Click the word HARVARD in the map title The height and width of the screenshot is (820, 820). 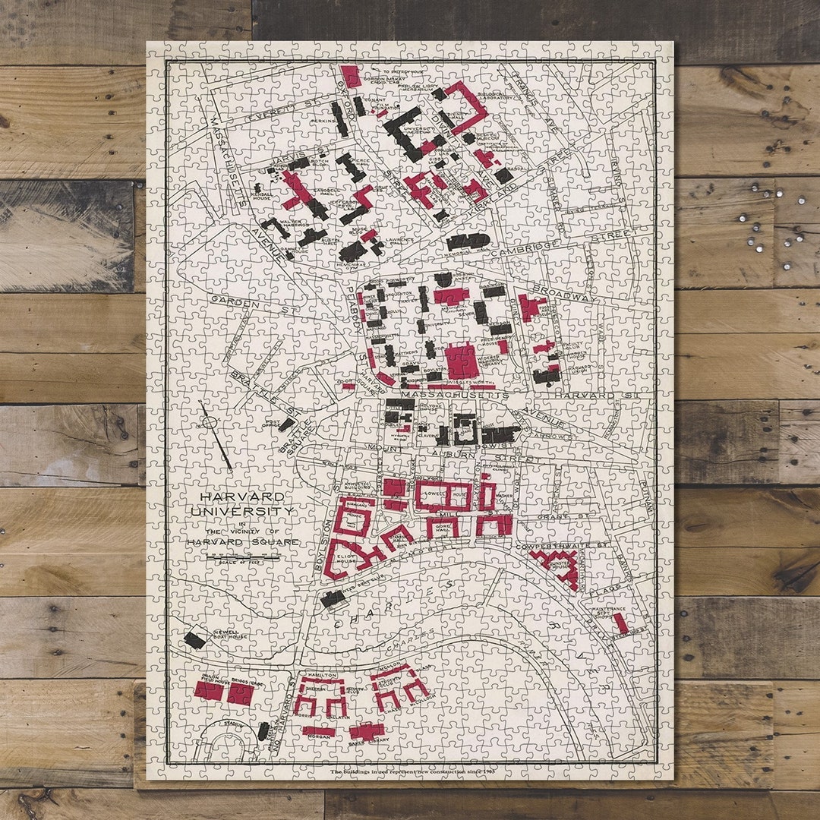pos(232,497)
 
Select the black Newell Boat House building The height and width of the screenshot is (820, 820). pos(194,639)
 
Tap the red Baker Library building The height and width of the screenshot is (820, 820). pos(367,731)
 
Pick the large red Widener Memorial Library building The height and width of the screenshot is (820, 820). pos(462,360)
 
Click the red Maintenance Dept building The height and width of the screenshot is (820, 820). pos(621,623)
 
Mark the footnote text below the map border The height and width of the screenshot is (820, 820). pos(411,771)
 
